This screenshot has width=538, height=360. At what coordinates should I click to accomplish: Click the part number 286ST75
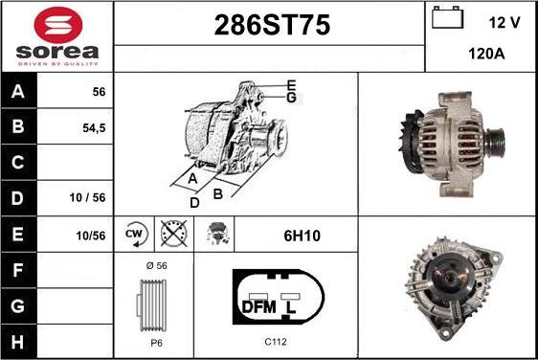point(269,26)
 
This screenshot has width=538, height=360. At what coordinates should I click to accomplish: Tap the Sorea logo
point(56,35)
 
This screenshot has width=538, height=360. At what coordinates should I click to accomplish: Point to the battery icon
point(446,19)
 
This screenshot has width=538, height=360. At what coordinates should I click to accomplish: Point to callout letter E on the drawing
point(291,85)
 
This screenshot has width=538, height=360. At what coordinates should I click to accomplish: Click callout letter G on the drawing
point(291,97)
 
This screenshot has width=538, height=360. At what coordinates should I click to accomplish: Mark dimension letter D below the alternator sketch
point(193,202)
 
